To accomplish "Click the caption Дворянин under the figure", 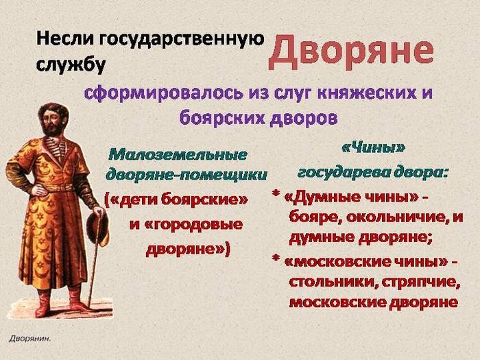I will pyautogui.click(x=30, y=338).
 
